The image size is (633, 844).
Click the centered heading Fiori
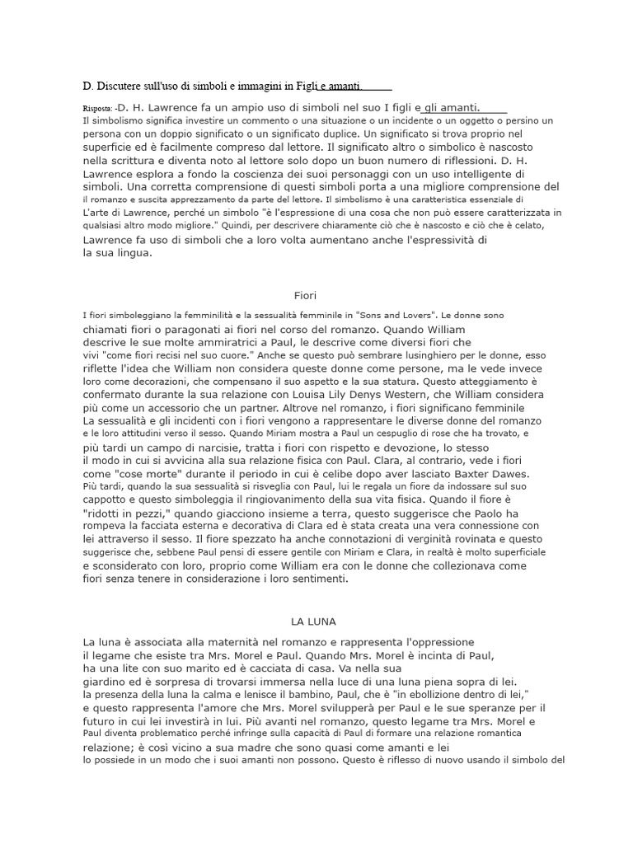305,295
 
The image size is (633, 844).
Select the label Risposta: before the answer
98,108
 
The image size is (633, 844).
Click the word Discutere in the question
122,85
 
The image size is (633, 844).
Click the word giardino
107,682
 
